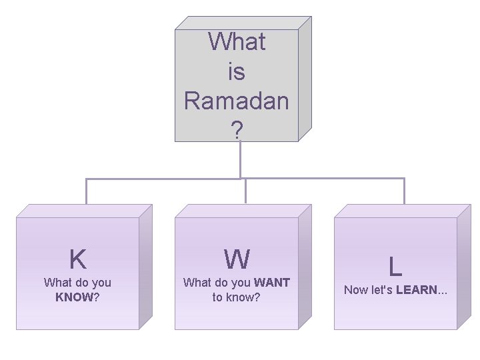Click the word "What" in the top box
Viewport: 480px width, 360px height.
pos(237,41)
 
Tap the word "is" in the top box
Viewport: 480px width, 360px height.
pos(237,71)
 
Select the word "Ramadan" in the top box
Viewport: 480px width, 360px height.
pos(237,101)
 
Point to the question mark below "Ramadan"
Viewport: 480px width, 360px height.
pos(237,130)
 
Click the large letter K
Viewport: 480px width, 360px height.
pos(77,258)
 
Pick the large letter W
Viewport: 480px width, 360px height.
pos(237,258)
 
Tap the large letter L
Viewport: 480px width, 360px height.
pos(395,267)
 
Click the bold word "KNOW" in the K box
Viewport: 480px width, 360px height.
pos(74,297)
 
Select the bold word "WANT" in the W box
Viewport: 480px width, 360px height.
pos(271,283)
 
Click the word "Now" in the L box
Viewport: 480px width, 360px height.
pos(355,290)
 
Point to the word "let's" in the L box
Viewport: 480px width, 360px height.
pos(382,290)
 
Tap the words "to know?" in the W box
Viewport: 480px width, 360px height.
pos(237,297)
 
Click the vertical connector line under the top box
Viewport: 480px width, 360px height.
pos(240,160)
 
